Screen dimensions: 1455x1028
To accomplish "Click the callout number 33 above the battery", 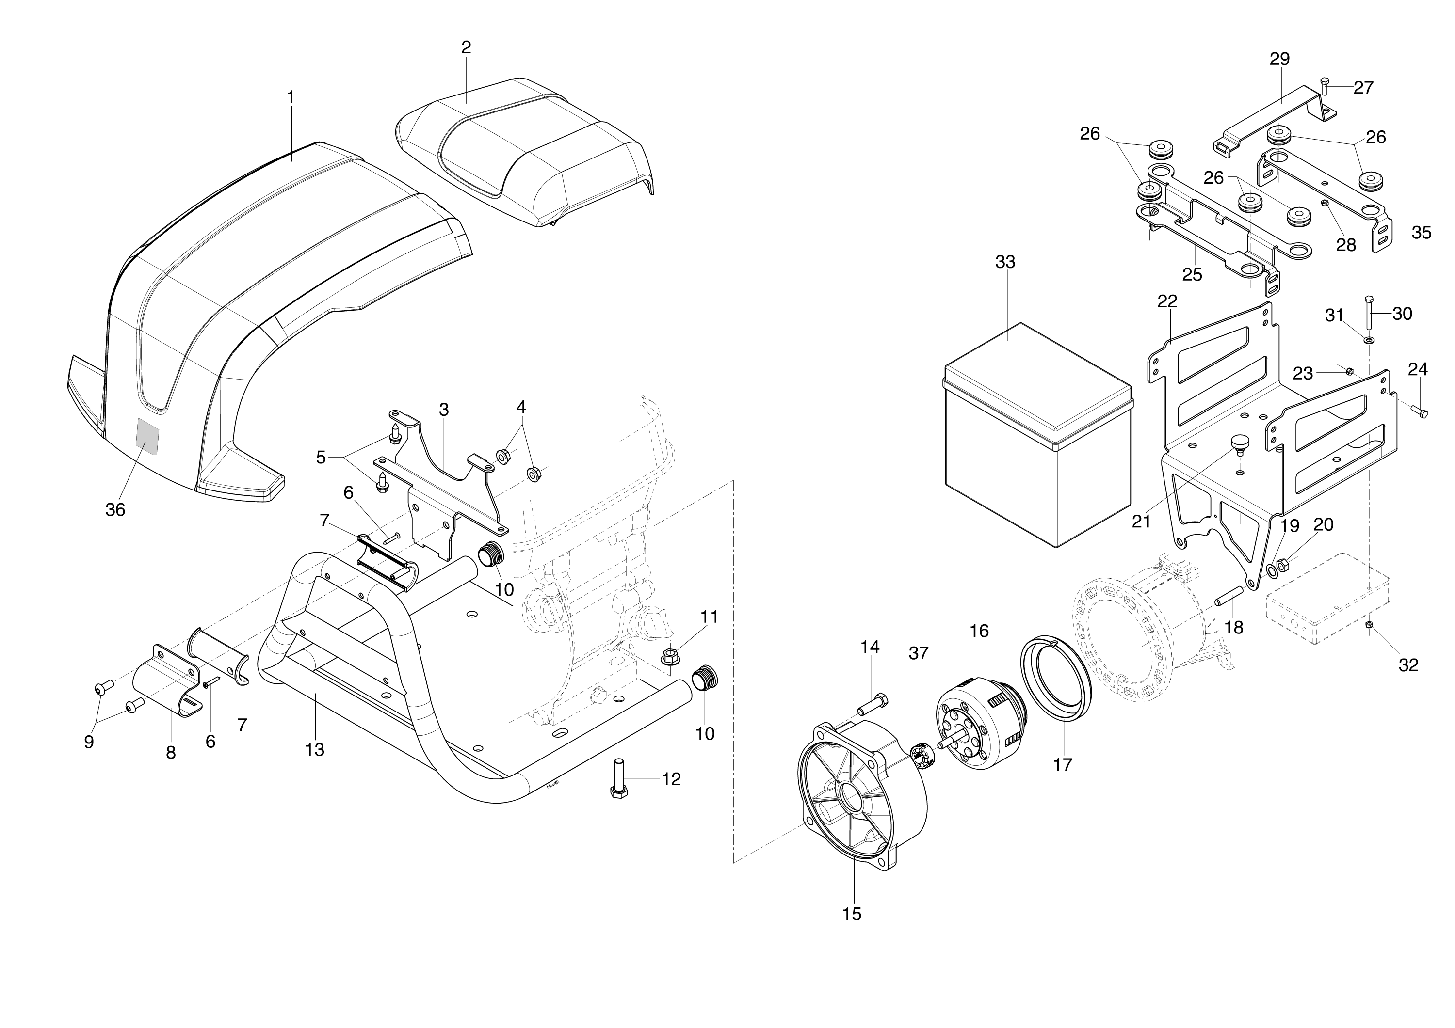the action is pos(1005,262).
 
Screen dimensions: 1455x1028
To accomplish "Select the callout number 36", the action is pos(115,509).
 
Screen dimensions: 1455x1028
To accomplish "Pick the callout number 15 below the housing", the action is pos(852,914).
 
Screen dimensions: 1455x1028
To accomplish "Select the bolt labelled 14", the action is pos(873,704).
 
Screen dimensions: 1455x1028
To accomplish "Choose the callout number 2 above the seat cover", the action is pos(467,47).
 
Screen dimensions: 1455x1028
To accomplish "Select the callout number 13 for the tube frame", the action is pos(314,749).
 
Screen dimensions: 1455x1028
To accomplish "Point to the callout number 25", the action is pos(1192,274).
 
